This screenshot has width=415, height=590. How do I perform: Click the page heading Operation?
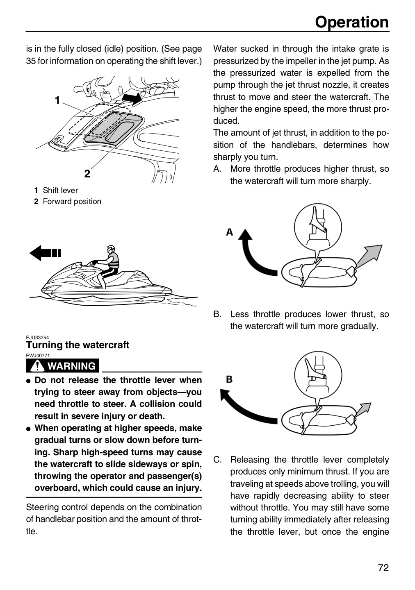pos(352,22)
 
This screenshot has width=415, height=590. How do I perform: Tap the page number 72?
pos(383,567)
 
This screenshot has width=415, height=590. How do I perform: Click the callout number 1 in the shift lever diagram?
pos(57,100)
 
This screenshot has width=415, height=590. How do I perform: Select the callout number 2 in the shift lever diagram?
pos(87,174)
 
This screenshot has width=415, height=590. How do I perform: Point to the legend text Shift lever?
pos(60,190)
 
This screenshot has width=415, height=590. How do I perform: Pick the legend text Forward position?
pos(72,201)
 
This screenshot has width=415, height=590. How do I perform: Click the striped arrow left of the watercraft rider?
pos(45,253)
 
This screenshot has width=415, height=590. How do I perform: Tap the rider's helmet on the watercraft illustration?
pos(111,248)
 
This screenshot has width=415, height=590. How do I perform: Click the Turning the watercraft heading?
pos(78,345)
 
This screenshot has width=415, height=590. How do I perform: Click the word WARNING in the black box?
pos(72,366)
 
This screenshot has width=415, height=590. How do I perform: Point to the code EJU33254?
pos(37,338)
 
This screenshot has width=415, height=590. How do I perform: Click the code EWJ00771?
pos(38,355)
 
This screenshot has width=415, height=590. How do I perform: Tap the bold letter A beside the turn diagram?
pos(230,232)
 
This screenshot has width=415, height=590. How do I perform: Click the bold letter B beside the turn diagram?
pos(229,379)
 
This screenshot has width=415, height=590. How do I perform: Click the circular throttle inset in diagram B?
pos(318,375)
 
